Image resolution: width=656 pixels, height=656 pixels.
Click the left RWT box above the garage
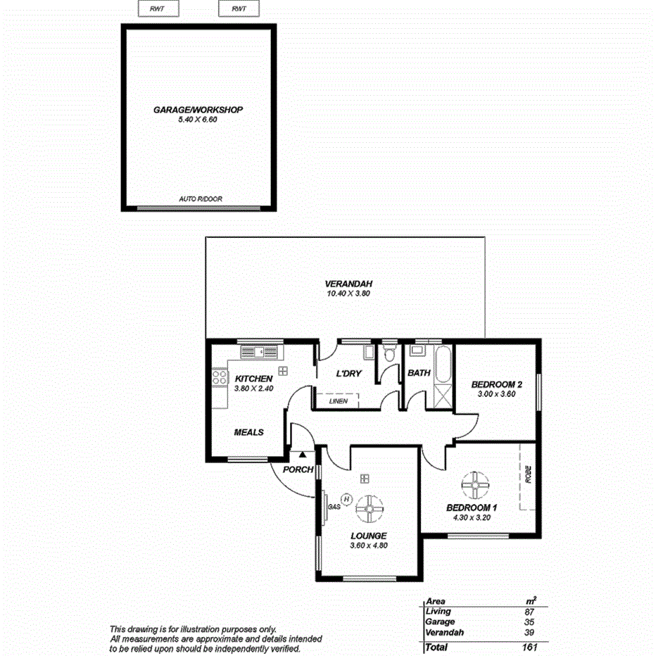[x=158, y=9]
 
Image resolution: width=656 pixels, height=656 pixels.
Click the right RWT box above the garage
[x=239, y=9]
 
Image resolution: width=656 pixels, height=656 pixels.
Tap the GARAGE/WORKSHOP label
[x=198, y=110]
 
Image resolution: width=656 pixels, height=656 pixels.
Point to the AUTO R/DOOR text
[x=201, y=199]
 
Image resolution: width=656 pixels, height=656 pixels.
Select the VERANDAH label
[x=343, y=284]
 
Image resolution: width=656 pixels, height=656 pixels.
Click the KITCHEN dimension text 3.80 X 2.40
[x=253, y=389]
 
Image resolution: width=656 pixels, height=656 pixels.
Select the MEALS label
[x=248, y=432]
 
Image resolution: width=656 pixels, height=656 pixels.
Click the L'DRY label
[x=348, y=374]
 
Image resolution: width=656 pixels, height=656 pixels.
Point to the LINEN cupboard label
[x=338, y=401]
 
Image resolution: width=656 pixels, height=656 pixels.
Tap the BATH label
[x=419, y=373]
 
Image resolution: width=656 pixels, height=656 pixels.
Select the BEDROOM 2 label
[x=496, y=384]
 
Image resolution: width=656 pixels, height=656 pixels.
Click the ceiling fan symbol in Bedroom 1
[x=476, y=485]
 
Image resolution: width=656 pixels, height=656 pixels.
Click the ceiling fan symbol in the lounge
[x=369, y=508]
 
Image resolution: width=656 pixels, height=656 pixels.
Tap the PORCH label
[x=298, y=469]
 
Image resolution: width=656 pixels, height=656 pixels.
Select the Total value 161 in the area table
[x=529, y=646]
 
